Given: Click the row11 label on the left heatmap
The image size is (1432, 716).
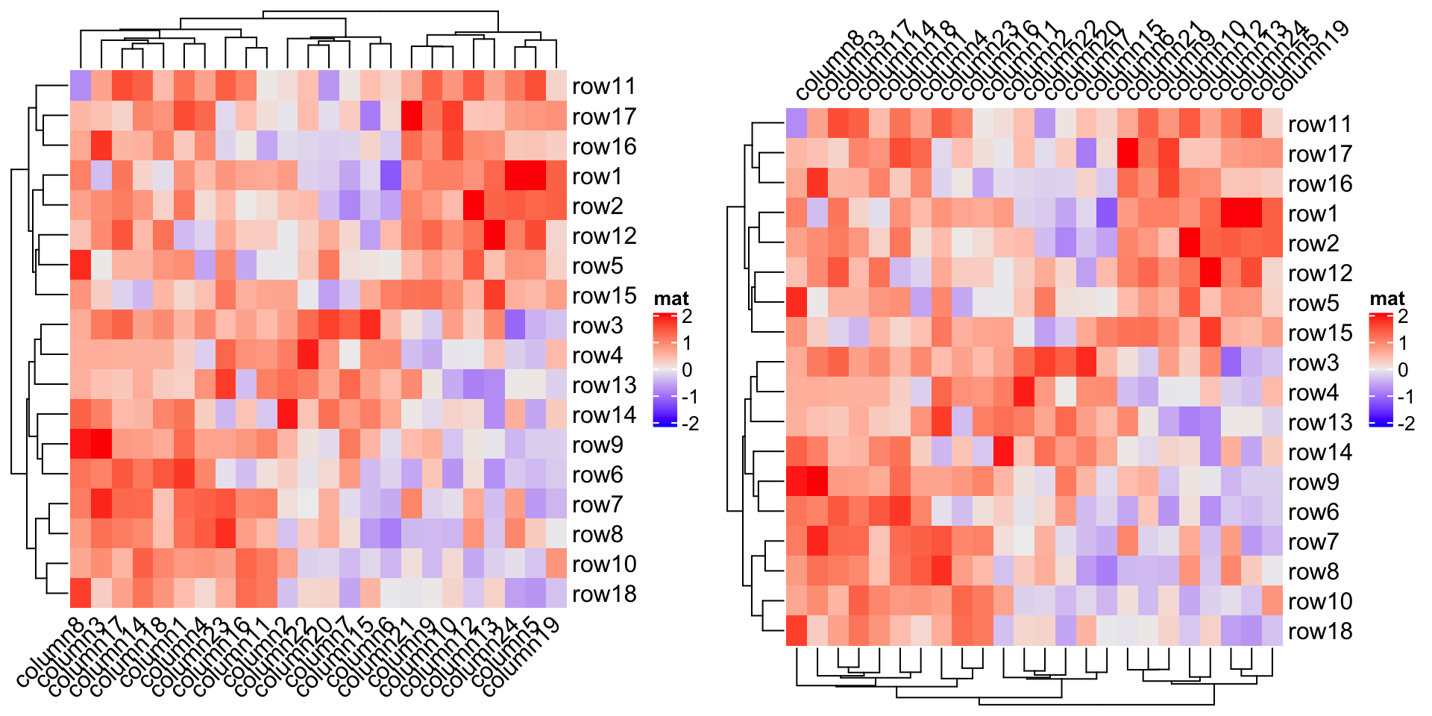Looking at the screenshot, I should (x=603, y=87).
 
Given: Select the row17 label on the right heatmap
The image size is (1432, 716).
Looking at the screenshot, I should (x=1319, y=154).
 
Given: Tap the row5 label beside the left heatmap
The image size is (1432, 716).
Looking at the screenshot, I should (x=597, y=266).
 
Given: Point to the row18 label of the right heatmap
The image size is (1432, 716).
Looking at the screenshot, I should (x=1319, y=632).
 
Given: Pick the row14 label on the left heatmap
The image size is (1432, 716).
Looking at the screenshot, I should (x=603, y=415).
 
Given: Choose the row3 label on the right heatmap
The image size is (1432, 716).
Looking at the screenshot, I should (x=1313, y=363).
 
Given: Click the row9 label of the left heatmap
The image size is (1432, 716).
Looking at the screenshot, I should (x=597, y=445).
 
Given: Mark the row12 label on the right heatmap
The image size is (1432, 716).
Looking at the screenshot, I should (x=1319, y=274).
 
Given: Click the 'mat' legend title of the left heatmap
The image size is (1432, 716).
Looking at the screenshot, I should (x=671, y=299).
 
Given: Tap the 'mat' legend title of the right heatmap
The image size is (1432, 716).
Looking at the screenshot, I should (x=1387, y=299).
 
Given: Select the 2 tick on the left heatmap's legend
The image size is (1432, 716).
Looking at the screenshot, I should (x=687, y=316).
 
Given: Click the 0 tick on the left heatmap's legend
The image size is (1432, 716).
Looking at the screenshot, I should (x=687, y=370).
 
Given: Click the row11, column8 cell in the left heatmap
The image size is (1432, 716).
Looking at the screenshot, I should (x=81, y=86).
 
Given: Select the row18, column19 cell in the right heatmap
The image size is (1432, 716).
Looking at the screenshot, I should (x=1272, y=631).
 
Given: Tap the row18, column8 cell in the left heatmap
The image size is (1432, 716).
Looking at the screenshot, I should (x=81, y=593).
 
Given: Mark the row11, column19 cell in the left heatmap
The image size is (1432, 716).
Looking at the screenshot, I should (x=556, y=86).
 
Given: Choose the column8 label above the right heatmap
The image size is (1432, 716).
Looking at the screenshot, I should (x=828, y=67).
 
